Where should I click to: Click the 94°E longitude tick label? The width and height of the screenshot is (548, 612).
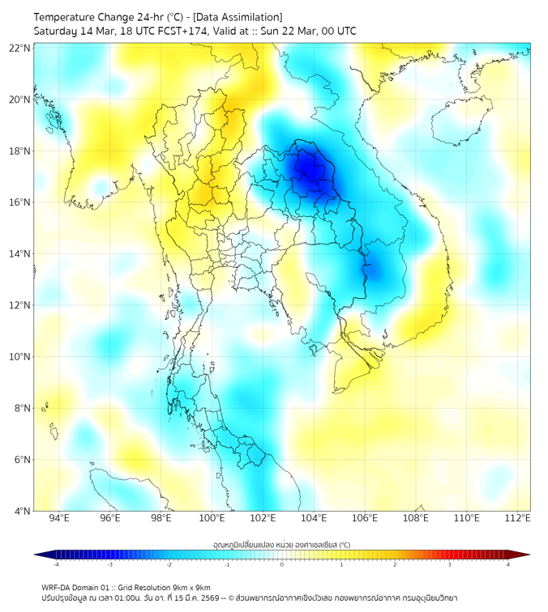[59, 519]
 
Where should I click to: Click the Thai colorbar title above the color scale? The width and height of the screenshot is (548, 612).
[282, 545]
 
